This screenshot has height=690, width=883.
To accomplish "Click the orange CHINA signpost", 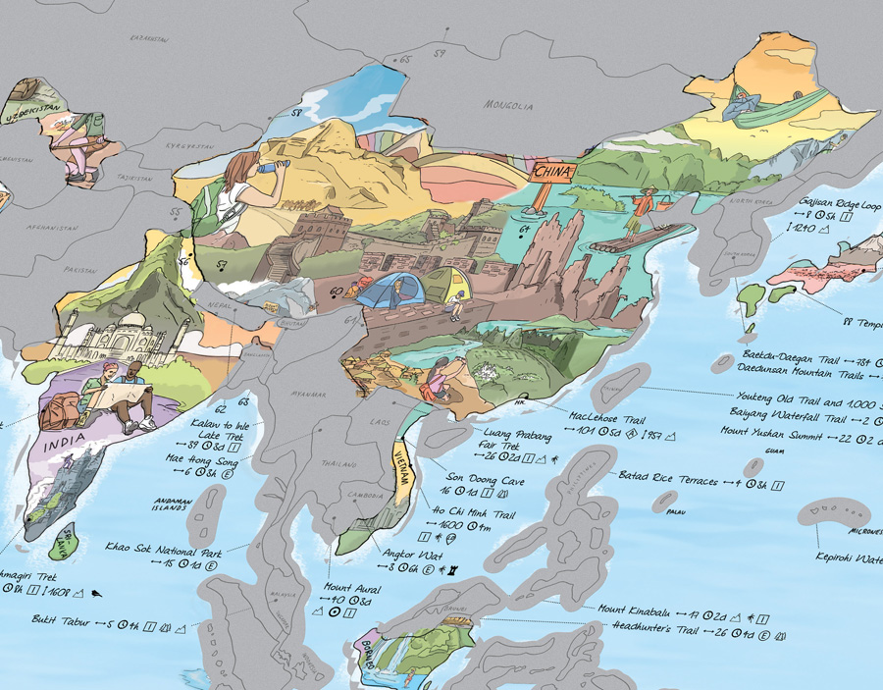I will tap(548, 172).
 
